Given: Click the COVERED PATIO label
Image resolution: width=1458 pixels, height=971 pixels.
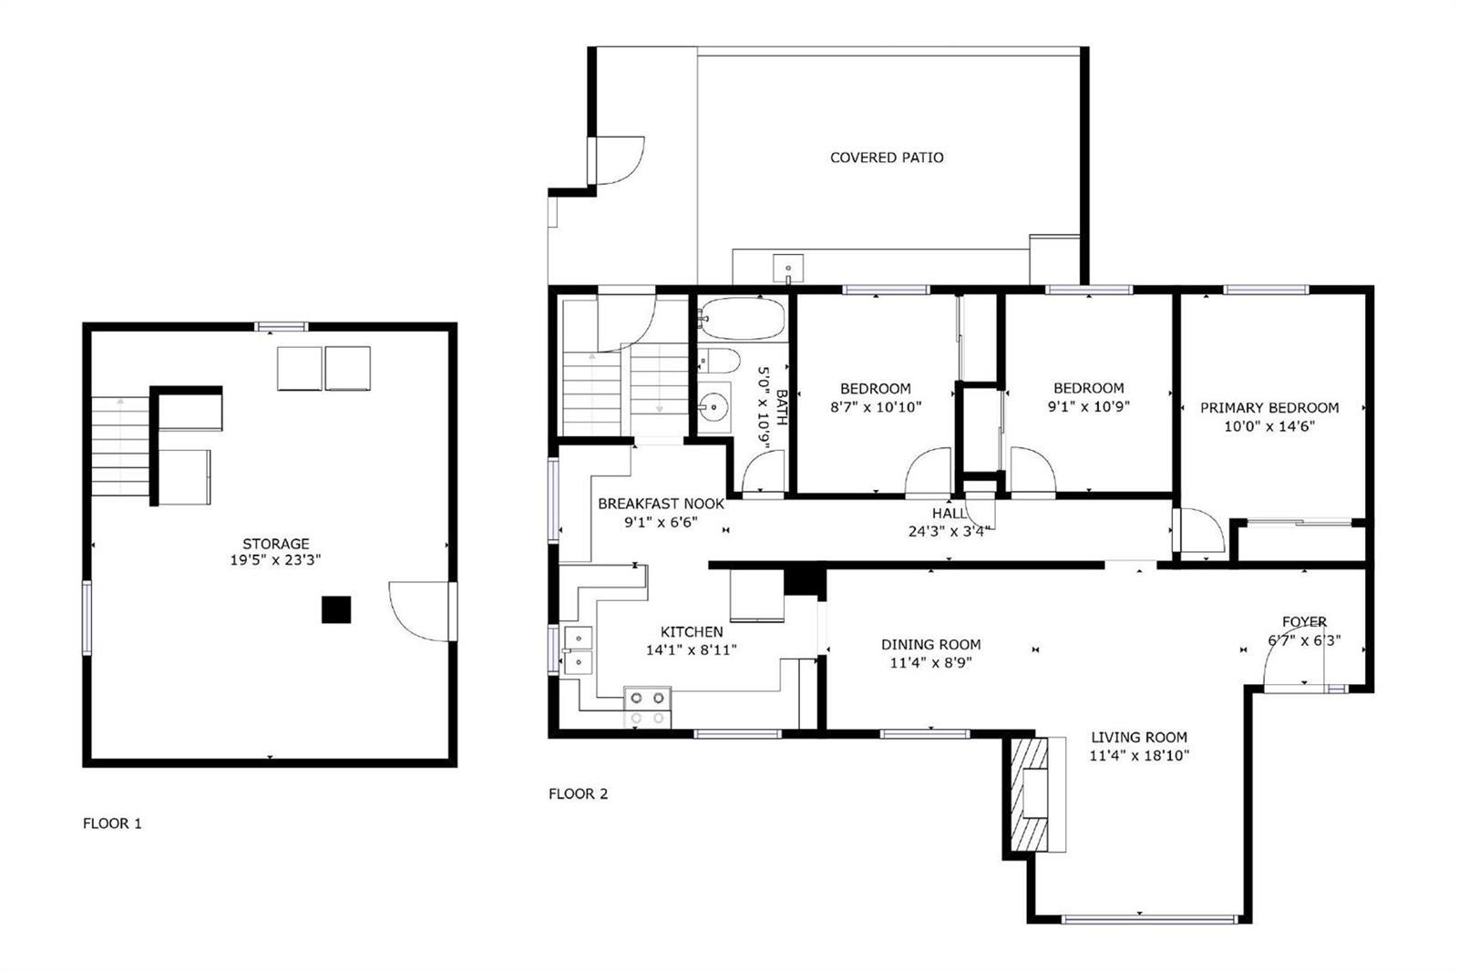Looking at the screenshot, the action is pyautogui.click(x=887, y=158).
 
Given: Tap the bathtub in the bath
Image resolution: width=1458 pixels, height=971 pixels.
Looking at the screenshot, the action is pyautogui.click(x=742, y=318).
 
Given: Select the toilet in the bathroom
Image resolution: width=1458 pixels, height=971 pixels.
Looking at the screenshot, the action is pyautogui.click(x=719, y=360).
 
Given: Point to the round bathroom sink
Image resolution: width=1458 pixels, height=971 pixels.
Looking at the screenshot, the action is pyautogui.click(x=714, y=407).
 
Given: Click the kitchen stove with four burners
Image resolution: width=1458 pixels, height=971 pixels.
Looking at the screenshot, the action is pyautogui.click(x=648, y=707).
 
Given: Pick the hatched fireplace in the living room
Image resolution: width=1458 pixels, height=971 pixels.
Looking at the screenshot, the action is pyautogui.click(x=1030, y=793).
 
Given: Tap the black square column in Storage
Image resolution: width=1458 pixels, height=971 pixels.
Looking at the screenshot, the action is pyautogui.click(x=336, y=609).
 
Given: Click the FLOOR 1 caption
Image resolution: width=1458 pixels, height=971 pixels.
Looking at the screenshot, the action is pyautogui.click(x=112, y=823).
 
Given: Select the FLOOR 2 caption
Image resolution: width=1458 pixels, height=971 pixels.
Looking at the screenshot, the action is pyautogui.click(x=578, y=793).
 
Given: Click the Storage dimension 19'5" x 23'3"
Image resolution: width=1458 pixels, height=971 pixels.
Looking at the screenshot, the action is pyautogui.click(x=275, y=559).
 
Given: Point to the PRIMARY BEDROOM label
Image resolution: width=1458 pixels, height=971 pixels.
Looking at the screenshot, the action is pyautogui.click(x=1269, y=408).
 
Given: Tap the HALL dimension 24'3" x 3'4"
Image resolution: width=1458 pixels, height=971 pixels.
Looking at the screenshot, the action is pyautogui.click(x=949, y=531).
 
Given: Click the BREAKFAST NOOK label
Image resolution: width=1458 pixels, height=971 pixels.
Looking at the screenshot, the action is pyautogui.click(x=661, y=504).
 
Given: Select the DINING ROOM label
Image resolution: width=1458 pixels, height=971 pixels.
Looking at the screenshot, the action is pyautogui.click(x=930, y=644).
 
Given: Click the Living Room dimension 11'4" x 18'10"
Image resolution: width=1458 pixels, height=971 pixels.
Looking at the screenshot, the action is pyautogui.click(x=1139, y=755).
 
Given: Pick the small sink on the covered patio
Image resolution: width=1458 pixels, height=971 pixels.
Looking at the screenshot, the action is pyautogui.click(x=787, y=268).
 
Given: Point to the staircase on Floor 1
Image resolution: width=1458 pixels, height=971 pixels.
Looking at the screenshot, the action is pyautogui.click(x=120, y=446).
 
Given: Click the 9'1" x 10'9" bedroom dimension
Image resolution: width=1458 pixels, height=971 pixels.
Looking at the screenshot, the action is pyautogui.click(x=1088, y=406).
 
